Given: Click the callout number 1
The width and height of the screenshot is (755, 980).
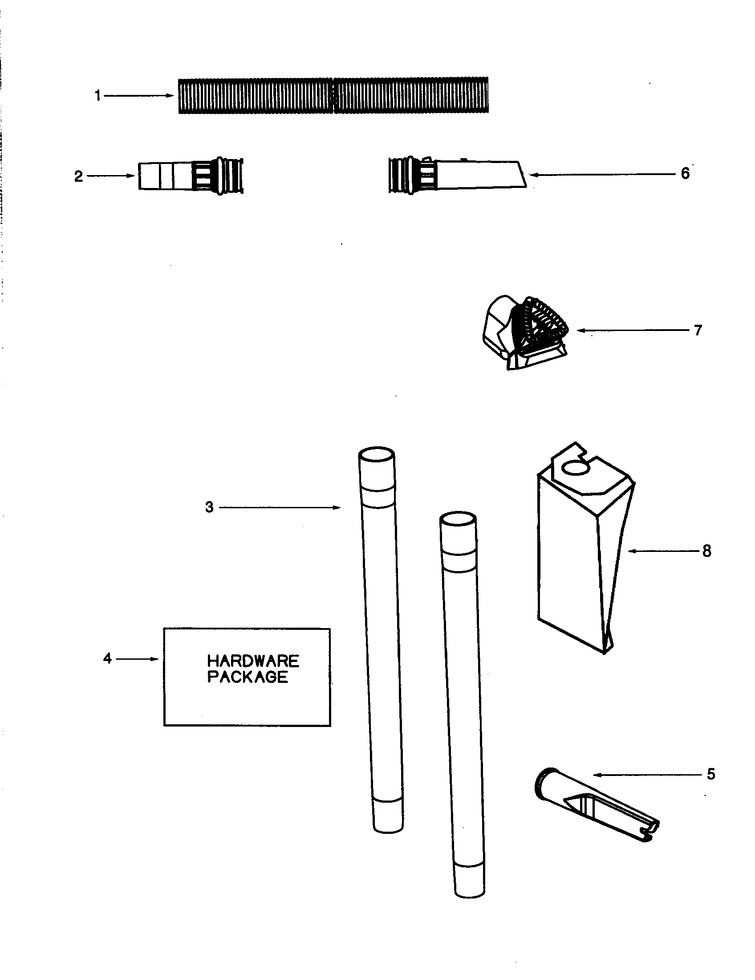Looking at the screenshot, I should [98, 96].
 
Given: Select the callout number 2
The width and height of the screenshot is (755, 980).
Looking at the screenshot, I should [78, 176].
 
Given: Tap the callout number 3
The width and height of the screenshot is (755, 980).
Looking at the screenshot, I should [209, 507].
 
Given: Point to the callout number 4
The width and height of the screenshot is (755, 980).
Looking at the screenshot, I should [107, 659].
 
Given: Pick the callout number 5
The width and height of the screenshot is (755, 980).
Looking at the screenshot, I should [711, 775].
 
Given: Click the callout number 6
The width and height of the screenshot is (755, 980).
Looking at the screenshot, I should [685, 173].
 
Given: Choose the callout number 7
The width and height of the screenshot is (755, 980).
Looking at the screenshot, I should [698, 330].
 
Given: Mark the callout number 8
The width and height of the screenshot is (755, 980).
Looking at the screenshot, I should [707, 551].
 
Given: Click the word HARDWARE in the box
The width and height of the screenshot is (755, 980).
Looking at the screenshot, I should [253, 661].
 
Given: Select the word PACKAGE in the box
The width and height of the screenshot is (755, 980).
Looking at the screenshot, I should [248, 677].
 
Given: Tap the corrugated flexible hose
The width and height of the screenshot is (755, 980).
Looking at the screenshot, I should [333, 96].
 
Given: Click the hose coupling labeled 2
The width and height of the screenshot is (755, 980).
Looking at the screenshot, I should [191, 176].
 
